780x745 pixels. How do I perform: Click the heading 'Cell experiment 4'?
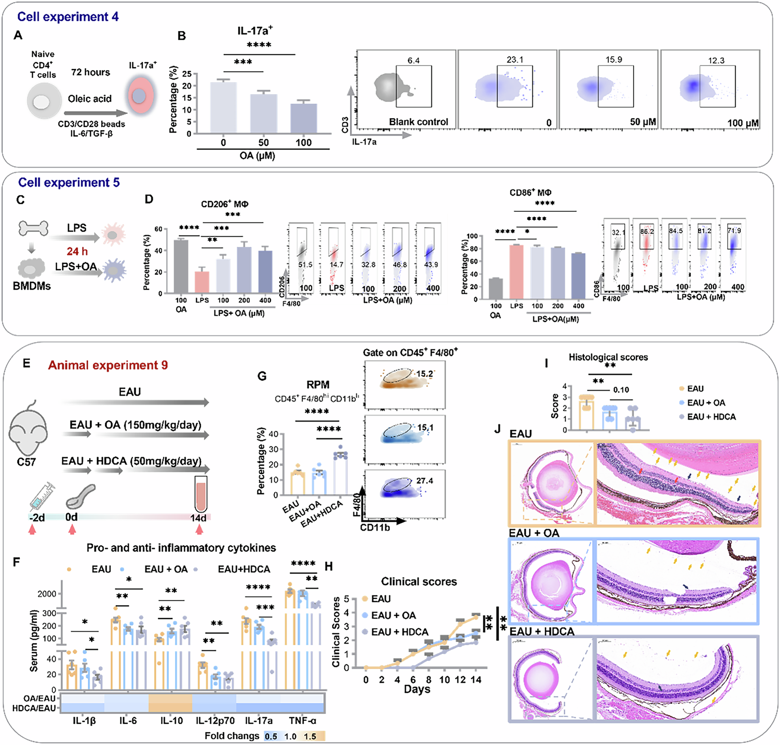[x=68, y=17]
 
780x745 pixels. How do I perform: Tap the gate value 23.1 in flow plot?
[x=514, y=60]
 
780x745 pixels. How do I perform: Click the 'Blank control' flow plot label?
[x=418, y=122]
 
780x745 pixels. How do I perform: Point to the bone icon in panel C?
[x=33, y=228]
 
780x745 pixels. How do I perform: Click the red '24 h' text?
[x=77, y=251]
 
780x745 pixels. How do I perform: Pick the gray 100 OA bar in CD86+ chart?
[x=496, y=288]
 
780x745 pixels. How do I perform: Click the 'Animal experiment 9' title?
[x=108, y=365]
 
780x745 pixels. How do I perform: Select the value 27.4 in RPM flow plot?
[x=424, y=481]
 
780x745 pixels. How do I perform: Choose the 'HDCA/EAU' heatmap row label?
[x=34, y=709]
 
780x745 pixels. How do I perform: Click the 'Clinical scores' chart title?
[x=419, y=581]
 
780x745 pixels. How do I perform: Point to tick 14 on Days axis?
[x=475, y=680]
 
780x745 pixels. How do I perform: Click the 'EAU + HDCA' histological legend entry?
[x=711, y=417]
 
